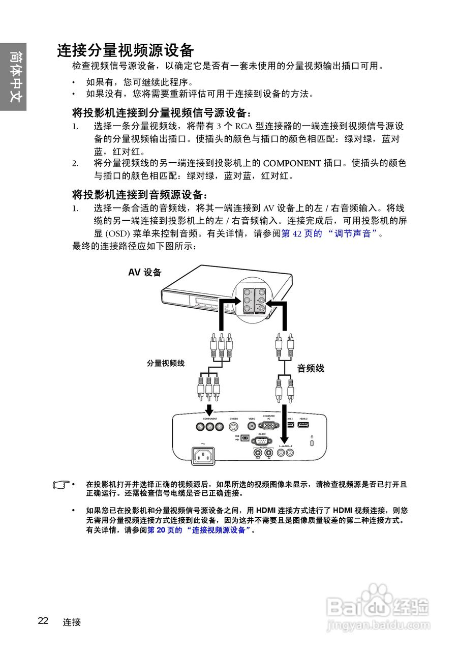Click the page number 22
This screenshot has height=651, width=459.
(x=43, y=620)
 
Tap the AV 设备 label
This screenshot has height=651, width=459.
(x=145, y=273)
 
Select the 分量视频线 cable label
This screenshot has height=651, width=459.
(x=165, y=363)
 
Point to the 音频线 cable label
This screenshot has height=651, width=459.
(x=311, y=369)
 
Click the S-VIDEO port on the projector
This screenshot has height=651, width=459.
(x=234, y=427)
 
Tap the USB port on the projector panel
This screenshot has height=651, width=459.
(x=245, y=438)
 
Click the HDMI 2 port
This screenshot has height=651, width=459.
(x=303, y=425)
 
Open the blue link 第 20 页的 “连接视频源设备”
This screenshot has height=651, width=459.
(x=200, y=529)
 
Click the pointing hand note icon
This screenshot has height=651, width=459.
(x=61, y=485)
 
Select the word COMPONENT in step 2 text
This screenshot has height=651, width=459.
(x=292, y=163)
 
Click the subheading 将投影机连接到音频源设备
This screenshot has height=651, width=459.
(x=140, y=195)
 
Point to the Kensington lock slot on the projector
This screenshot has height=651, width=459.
(x=312, y=443)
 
